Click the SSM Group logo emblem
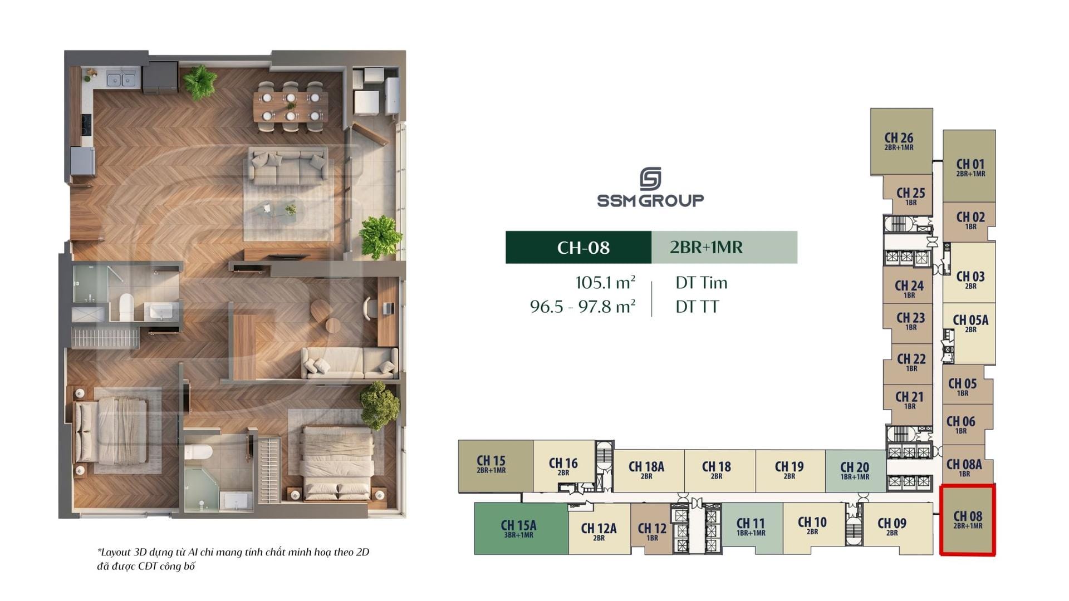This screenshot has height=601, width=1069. coord(650,179)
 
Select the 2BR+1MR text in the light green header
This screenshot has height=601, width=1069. coord(706,247)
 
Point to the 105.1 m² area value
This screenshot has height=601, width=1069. coord(605,282)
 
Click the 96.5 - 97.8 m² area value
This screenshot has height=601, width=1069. coord(583,307)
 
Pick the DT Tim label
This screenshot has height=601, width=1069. coord(702,283)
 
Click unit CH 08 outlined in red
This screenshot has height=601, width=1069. coord(968,520)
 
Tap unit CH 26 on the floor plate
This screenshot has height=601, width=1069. coord(901,141)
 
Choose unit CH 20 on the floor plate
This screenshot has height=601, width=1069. coord(855,471)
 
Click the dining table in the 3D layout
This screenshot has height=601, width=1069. coord(290,106)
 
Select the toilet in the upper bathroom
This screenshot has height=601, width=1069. coord(126,307)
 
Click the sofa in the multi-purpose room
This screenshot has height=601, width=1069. coord(349,363)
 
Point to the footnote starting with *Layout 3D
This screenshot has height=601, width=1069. coord(233,559)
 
